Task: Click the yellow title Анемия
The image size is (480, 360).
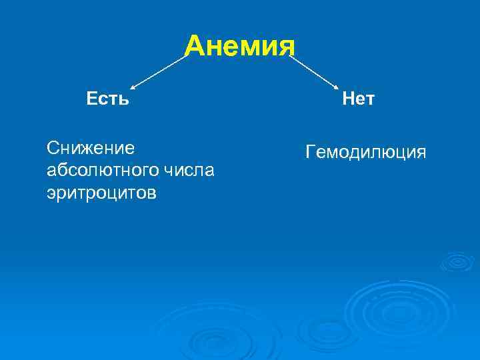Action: (239, 47)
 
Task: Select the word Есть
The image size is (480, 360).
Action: (107, 99)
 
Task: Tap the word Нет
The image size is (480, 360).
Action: (358, 99)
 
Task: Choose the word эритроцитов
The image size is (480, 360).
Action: (102, 193)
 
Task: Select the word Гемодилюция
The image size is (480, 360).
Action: (365, 153)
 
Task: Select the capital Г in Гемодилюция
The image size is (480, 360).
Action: (310, 153)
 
